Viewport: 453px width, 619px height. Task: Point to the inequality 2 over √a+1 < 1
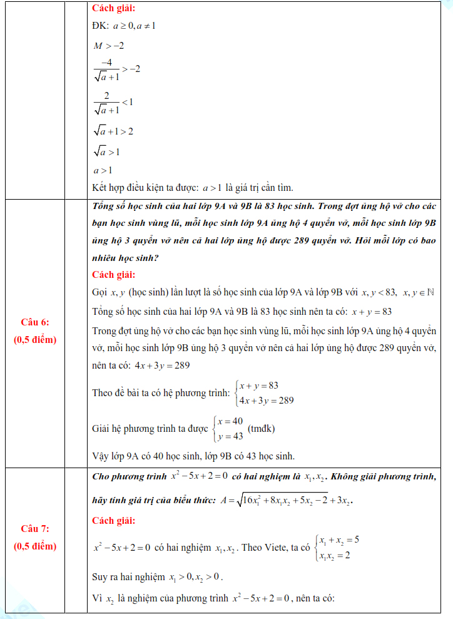113,101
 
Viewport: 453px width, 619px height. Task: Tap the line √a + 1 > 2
113,131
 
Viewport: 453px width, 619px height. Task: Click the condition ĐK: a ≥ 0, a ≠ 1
124,26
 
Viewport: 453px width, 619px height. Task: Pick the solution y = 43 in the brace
230,436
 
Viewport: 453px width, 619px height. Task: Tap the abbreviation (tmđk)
262,429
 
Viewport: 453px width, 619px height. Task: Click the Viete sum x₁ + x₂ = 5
338,540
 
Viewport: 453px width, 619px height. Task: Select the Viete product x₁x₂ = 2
335,555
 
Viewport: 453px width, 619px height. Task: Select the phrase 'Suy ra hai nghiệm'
128,576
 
